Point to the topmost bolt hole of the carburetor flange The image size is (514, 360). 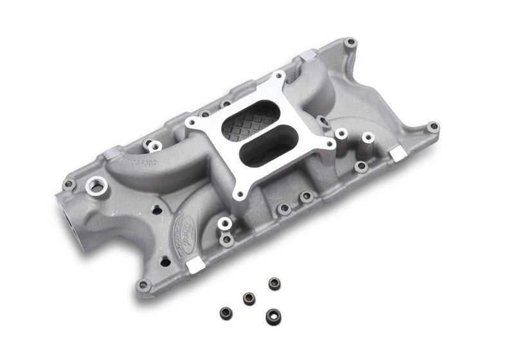(279, 77)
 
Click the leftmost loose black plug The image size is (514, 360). (225, 312)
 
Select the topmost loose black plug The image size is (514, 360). (274, 283)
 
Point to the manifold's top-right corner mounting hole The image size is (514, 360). (350, 43)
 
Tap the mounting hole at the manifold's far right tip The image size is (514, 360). (433, 127)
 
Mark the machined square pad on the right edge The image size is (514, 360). (398, 153)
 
